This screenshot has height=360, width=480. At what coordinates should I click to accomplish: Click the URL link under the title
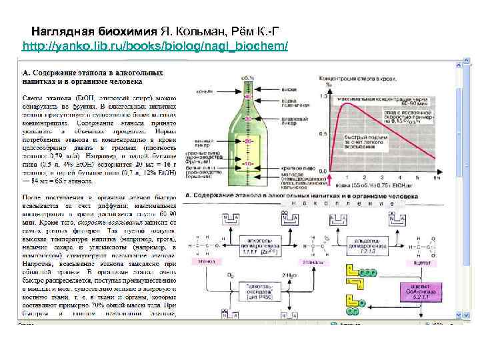(155, 47)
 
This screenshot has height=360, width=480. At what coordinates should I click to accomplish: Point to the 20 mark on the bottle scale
(247, 142)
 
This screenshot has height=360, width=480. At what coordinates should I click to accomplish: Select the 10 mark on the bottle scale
(247, 163)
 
